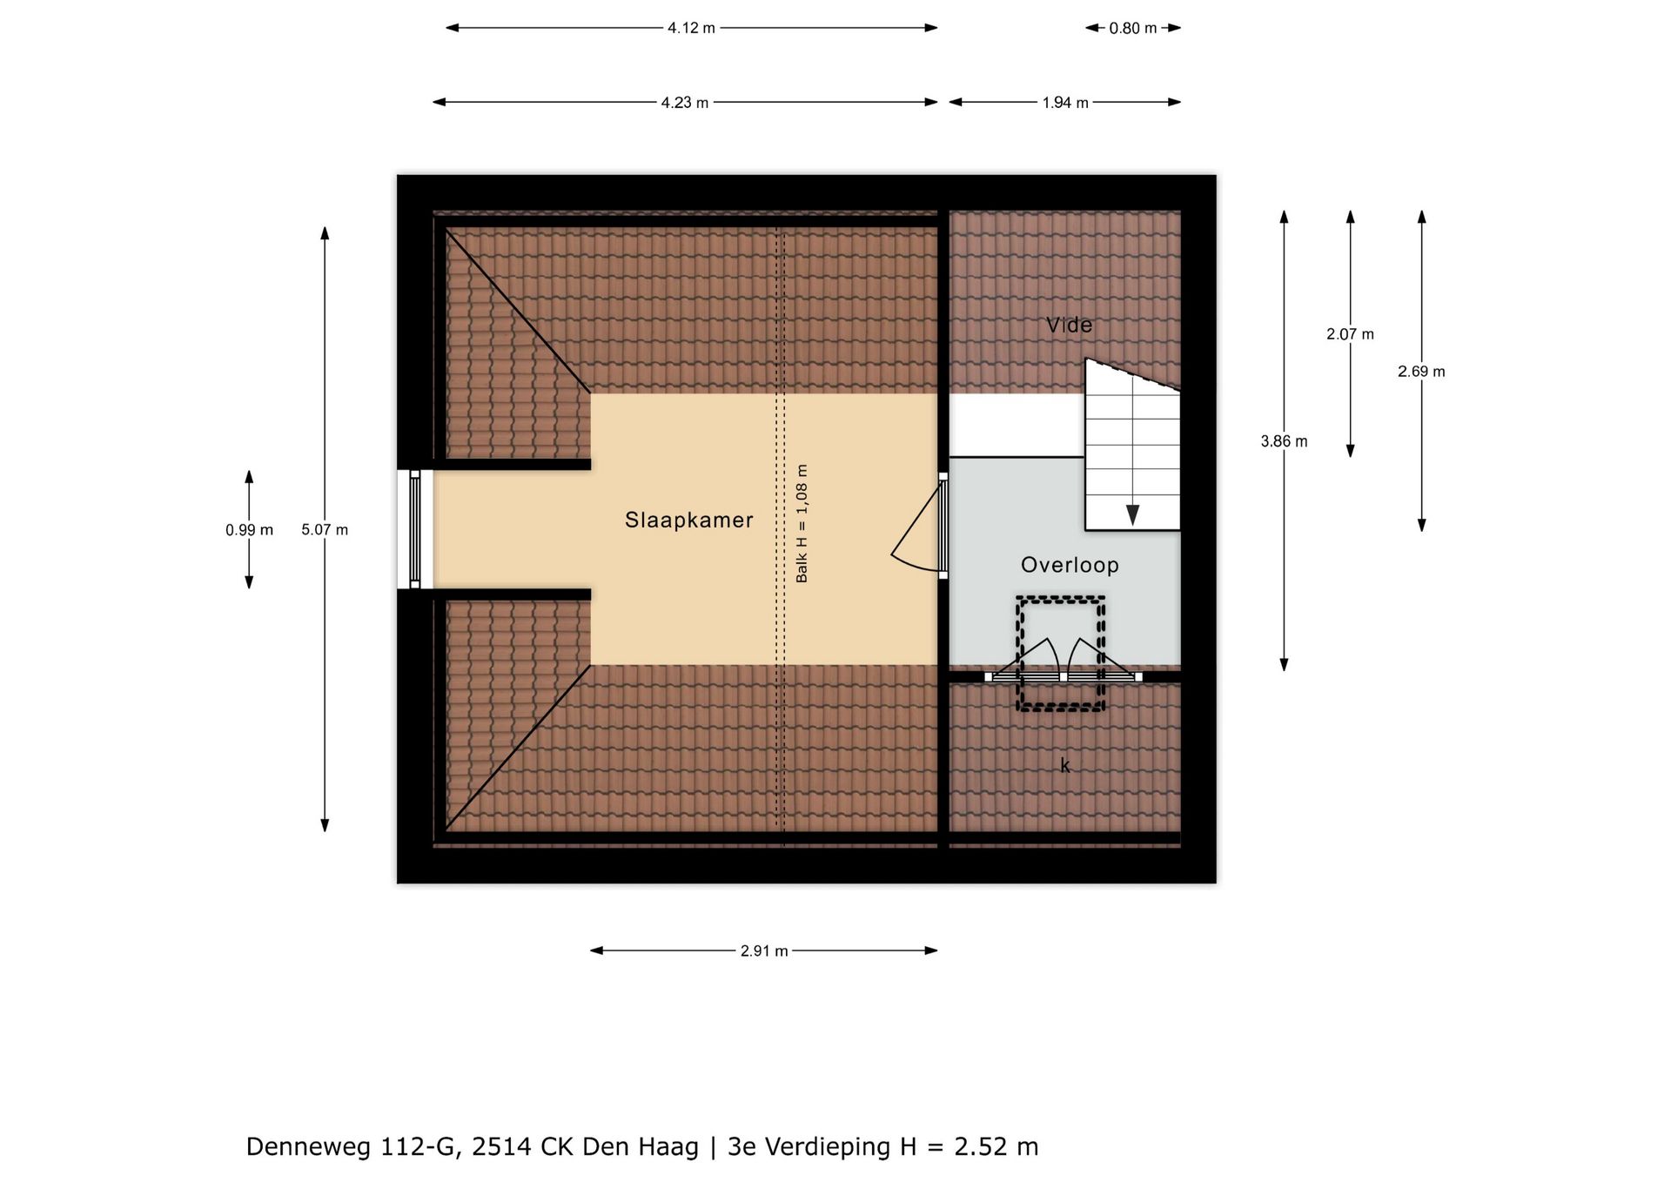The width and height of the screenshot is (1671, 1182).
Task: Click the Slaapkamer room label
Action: point(688,520)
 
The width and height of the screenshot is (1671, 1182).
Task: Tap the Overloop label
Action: point(1070,565)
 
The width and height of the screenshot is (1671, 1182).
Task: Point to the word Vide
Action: point(1069,325)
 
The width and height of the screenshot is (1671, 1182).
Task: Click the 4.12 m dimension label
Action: point(691,28)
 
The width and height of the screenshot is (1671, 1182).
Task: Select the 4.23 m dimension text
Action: point(684,103)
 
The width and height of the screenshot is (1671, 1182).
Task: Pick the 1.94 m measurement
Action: point(1065,103)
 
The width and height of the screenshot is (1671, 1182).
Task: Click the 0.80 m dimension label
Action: point(1132,29)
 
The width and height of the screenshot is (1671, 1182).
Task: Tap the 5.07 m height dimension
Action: point(325,529)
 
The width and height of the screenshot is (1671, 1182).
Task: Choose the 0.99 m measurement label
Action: point(249,530)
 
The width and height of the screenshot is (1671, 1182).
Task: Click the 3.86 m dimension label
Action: point(1284,441)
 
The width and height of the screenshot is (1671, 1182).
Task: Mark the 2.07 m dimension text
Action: point(1350,334)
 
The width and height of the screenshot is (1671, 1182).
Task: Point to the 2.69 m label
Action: point(1421,372)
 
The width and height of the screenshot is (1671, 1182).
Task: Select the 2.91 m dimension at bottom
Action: point(764,951)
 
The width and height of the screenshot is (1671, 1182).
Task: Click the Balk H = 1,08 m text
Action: point(802,523)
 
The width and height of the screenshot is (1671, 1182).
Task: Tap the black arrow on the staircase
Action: point(1132,514)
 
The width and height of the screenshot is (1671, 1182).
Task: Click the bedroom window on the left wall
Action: point(415,529)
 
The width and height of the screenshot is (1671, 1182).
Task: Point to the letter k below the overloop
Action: point(1064,765)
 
